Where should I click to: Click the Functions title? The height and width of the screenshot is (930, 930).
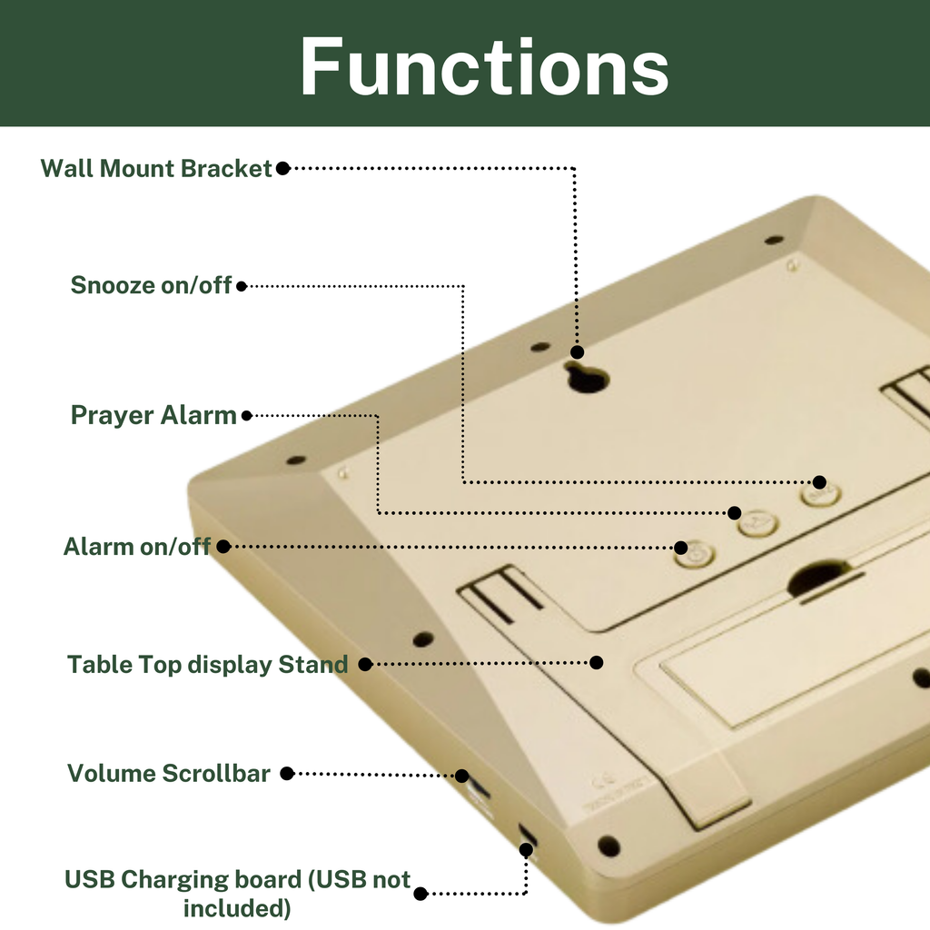[484, 65]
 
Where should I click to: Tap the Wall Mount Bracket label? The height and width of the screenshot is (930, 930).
[156, 168]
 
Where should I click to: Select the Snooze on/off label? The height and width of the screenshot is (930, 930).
[151, 285]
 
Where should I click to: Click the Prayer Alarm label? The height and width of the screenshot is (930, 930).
[153, 415]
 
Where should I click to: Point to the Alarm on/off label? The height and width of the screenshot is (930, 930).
[137, 546]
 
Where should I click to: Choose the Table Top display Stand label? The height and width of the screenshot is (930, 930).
[208, 664]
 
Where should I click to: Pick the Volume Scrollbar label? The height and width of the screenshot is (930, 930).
[168, 774]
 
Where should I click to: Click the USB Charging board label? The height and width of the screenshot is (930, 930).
[237, 894]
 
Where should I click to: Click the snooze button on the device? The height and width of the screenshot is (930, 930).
[820, 494]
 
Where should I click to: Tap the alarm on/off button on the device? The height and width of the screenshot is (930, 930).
[695, 555]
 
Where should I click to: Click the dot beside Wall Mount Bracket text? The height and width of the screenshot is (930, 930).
[283, 168]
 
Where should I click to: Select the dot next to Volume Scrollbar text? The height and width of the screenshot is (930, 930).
[287, 774]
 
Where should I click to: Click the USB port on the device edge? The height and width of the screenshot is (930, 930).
[528, 835]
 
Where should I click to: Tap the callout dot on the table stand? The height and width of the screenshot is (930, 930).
[597, 662]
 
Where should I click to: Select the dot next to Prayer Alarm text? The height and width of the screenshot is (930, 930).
[247, 416]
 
